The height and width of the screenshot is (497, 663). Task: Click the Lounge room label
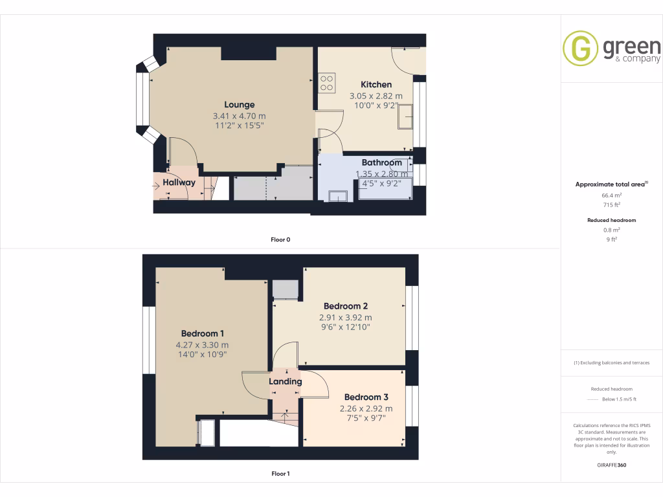(239, 105)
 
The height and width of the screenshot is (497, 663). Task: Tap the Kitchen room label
(376, 85)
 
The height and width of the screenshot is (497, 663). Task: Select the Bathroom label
(382, 163)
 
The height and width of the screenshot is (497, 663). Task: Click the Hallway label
(179, 182)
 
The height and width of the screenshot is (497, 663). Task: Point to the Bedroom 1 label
(201, 334)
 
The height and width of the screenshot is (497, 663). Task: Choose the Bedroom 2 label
(346, 306)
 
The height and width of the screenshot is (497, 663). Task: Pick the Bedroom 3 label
(366, 397)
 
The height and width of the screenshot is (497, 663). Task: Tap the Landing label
(286, 382)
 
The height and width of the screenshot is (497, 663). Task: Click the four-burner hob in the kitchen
(327, 83)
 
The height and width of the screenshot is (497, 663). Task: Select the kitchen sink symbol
(405, 116)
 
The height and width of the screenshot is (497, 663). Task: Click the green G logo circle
(580, 49)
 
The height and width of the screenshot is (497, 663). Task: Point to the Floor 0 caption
(280, 240)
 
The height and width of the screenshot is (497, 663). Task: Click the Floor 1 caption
(280, 474)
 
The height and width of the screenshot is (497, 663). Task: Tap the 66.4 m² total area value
(611, 194)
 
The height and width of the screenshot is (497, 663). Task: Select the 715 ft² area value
(611, 204)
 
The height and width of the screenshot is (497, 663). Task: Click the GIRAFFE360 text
(611, 465)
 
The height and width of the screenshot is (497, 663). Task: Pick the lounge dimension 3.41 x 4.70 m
(239, 116)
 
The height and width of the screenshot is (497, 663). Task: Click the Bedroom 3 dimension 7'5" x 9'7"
(366, 418)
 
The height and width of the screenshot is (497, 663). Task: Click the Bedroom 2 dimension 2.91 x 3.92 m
(346, 318)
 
